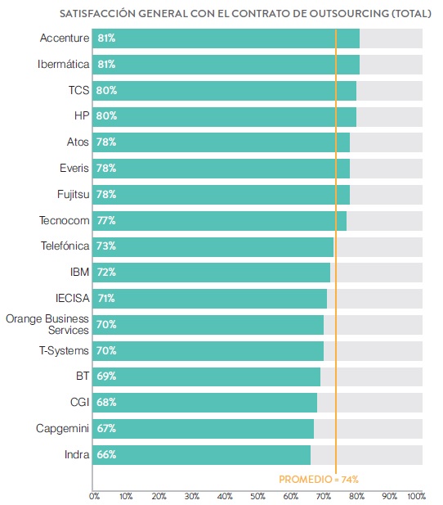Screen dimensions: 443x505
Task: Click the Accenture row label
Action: (x=65, y=38)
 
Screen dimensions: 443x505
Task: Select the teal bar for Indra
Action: (x=201, y=455)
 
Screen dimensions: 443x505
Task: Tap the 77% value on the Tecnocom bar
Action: (x=106, y=221)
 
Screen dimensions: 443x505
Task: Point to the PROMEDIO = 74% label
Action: (x=319, y=480)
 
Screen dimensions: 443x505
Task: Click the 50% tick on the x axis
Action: (x=257, y=496)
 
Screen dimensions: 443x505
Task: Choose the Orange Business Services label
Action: (x=47, y=324)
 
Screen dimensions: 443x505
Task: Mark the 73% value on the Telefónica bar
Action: (x=106, y=246)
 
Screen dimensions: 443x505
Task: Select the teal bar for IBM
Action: (x=211, y=273)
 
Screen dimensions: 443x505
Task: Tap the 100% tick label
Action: (x=417, y=496)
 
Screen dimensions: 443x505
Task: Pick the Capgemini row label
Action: (x=62, y=429)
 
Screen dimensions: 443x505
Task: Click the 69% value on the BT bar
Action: (x=106, y=376)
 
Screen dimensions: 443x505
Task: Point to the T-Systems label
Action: (x=64, y=350)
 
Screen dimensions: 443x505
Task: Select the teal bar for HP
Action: (x=224, y=116)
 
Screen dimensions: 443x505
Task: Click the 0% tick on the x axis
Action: (x=95, y=496)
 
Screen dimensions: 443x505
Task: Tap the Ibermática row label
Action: (x=64, y=64)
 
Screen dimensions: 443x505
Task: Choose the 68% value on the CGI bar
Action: (x=106, y=402)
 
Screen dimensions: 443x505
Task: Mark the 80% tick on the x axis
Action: (x=356, y=496)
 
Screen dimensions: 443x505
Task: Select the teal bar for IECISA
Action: (x=209, y=299)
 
